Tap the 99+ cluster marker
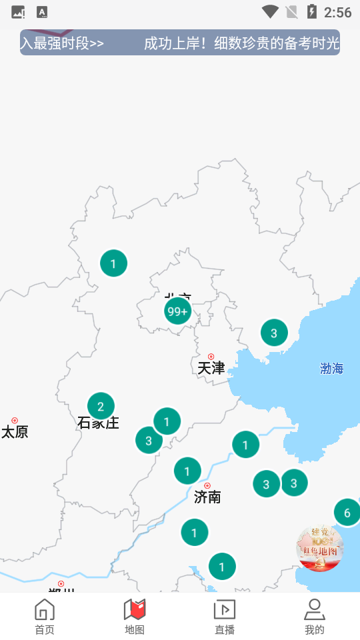[x=177, y=311]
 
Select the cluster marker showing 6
[x=347, y=513]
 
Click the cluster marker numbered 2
[x=101, y=406]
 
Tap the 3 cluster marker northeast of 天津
[x=274, y=333]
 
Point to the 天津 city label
[x=211, y=368]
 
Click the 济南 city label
[x=207, y=497]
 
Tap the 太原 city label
[x=15, y=432]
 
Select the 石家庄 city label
[x=98, y=423]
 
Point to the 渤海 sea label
[x=331, y=369]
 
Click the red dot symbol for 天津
[x=211, y=357]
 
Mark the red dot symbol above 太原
[x=15, y=421]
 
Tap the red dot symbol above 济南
[x=207, y=485]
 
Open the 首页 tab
[x=45, y=617]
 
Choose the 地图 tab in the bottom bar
[x=135, y=617]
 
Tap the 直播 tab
[x=225, y=617]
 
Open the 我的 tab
[x=314, y=617]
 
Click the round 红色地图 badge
[x=319, y=548]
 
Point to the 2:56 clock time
[x=337, y=12]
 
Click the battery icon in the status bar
[x=311, y=11]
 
